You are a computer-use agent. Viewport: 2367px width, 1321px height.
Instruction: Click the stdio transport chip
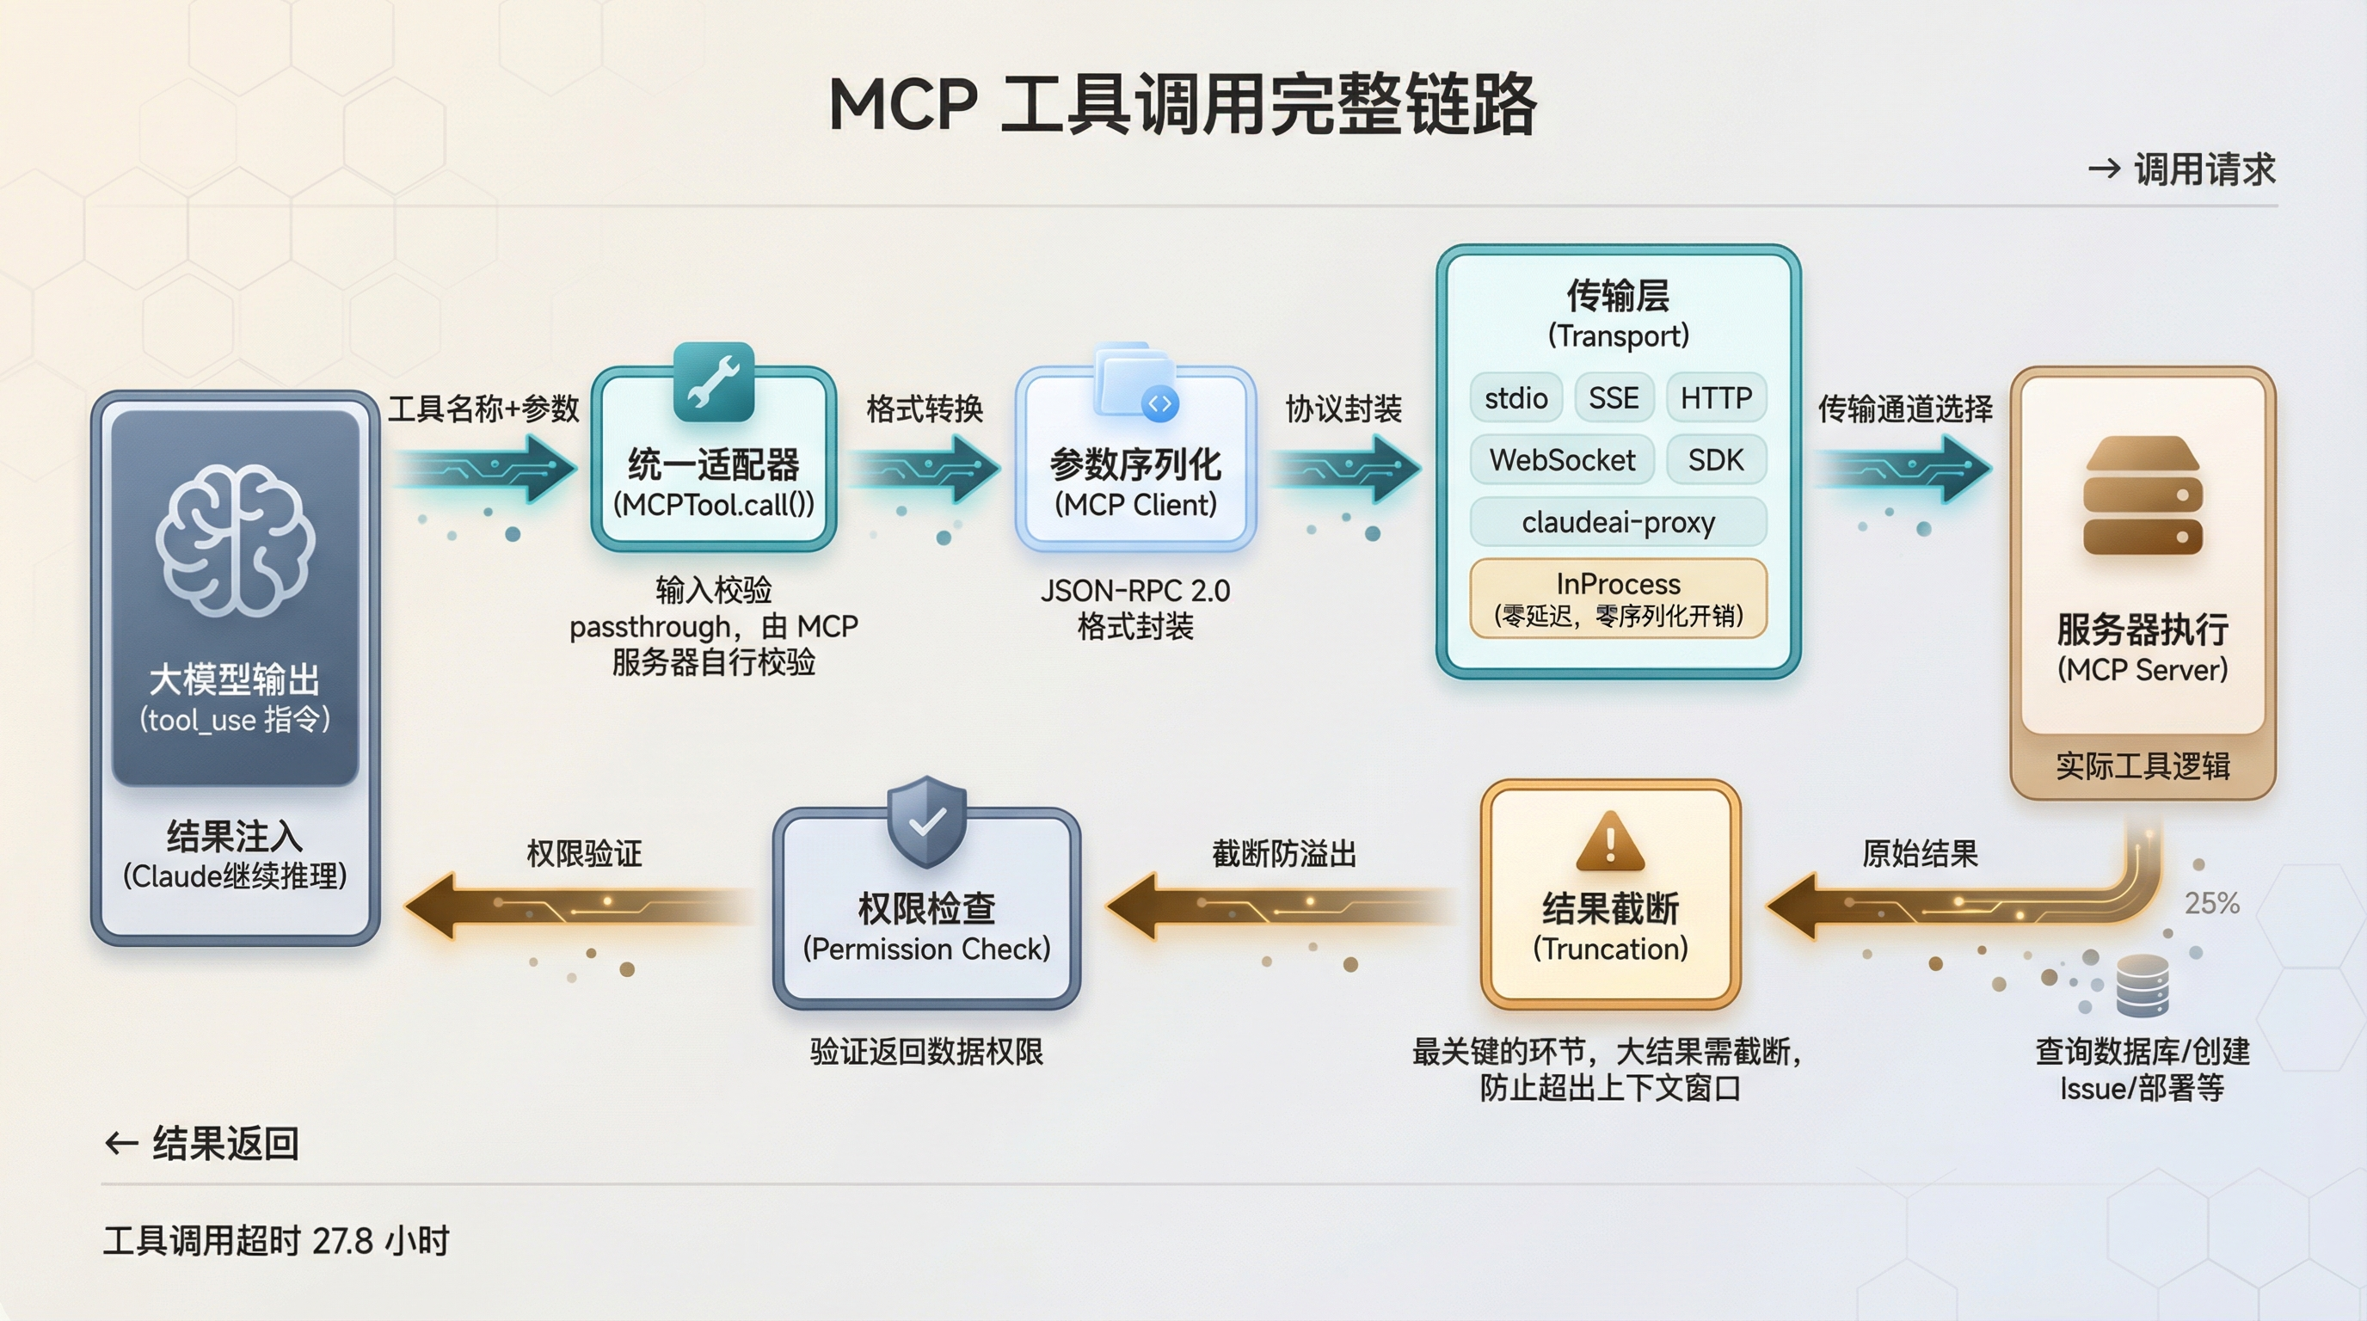[1515, 398]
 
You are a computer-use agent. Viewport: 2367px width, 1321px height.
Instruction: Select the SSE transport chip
[1614, 398]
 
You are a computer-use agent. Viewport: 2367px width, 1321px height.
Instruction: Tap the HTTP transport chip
[1716, 398]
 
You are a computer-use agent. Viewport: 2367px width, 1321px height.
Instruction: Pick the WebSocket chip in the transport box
[1562, 459]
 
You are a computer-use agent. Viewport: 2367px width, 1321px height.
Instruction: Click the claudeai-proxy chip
[1618, 522]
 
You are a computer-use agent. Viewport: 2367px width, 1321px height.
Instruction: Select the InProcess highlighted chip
[1618, 597]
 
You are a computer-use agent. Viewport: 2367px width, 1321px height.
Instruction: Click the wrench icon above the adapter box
[713, 381]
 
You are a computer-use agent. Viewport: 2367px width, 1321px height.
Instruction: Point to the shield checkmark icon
[926, 821]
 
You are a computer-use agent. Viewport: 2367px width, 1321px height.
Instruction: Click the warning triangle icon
[1610, 841]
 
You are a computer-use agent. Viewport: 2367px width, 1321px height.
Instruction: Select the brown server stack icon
[2142, 495]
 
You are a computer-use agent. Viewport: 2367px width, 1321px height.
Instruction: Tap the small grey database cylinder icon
[2142, 985]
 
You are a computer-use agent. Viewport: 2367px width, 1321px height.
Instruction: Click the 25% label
[2211, 903]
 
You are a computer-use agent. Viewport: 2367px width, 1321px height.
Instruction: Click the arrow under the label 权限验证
[579, 906]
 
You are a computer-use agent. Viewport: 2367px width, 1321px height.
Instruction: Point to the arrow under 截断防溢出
[1282, 906]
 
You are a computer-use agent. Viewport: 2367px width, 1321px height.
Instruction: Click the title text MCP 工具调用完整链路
[1183, 104]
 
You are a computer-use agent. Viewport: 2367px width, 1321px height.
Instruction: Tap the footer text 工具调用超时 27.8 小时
[275, 1241]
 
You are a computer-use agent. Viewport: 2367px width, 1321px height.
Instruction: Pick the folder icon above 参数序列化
[1135, 382]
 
